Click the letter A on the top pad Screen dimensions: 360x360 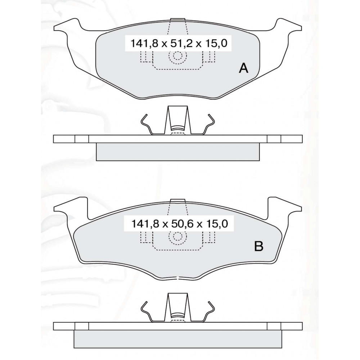point(244,68)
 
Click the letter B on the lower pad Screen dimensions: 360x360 point(258,246)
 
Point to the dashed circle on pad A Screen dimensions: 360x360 point(177,55)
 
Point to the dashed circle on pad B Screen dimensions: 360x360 point(177,236)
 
